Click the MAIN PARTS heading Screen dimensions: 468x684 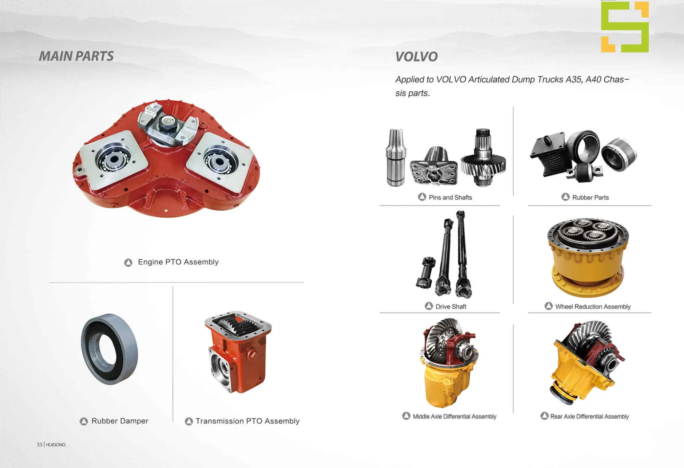tap(76, 56)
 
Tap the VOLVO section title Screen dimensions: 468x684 tap(416, 57)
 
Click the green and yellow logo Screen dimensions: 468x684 tap(625, 27)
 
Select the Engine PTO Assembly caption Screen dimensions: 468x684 tap(178, 262)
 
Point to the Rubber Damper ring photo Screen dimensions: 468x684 tap(109, 349)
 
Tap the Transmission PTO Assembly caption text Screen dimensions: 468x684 tap(247, 421)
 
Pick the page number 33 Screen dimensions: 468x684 tap(39, 445)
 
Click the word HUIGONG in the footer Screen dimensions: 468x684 tap(56, 445)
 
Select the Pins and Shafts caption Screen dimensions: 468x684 tap(450, 198)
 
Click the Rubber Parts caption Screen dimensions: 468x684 tap(590, 198)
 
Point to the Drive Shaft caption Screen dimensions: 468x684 tap(451, 307)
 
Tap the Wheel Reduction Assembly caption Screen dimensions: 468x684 tap(593, 307)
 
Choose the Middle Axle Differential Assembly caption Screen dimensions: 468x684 tap(454, 417)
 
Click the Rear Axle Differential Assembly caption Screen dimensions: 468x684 tap(589, 417)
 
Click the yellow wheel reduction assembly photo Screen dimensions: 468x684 tap(588, 257)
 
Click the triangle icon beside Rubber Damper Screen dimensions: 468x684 tap(84, 421)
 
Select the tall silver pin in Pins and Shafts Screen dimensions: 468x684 tap(396, 157)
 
